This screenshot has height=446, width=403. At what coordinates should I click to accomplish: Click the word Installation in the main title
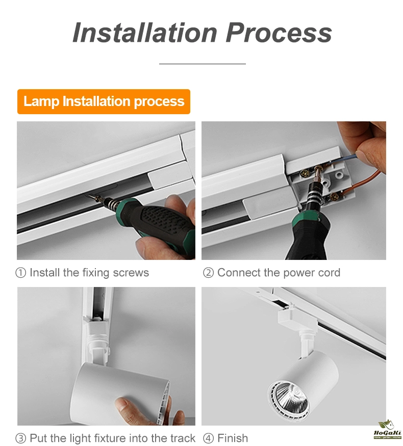coord(145,33)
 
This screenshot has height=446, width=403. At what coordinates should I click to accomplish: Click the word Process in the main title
coord(279,33)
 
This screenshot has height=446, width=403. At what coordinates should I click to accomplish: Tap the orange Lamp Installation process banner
coord(104,101)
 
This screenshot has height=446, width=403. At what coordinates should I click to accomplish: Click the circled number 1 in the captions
coord(20,273)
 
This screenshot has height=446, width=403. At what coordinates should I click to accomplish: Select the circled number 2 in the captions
coord(208,273)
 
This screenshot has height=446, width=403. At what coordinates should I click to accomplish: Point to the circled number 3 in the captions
coord(20,438)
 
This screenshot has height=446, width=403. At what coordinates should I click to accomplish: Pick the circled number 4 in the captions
coord(208,438)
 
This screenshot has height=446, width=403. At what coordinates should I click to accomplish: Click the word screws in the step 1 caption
coord(131,273)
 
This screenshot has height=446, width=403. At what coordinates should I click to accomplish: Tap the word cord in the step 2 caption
coord(329,273)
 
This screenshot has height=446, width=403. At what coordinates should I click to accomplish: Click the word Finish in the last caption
coord(233,438)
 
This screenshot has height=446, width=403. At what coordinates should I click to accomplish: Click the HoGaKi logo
coord(387,430)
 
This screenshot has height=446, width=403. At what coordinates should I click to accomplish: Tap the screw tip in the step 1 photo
coord(90,196)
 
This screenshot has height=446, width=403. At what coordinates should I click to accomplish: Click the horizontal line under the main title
coord(203,64)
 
